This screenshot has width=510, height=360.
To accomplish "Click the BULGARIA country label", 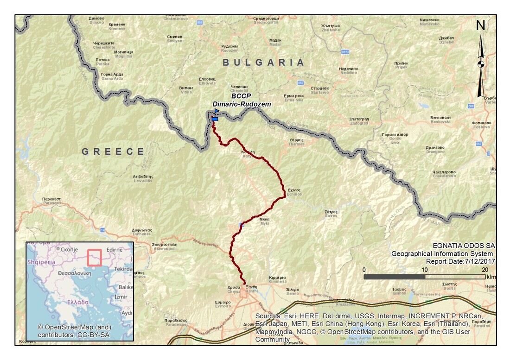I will coord(263,63).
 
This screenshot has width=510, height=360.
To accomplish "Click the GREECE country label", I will coord(113,152).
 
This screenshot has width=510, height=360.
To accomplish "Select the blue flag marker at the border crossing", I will coord(216,112).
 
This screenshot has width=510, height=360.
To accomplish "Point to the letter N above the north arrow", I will coord(481,26).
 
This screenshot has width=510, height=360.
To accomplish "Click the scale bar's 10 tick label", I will coord(425,269).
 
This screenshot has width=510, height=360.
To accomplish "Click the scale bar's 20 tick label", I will coord(485,269).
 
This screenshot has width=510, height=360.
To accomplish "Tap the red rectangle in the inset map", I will coord(94,258).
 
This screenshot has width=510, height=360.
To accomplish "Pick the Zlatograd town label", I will coord(359,121).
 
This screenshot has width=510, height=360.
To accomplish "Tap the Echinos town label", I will coord(294,192).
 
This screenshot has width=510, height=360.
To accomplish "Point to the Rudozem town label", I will coord(229,49).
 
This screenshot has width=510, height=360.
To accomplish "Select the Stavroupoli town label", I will coord(165,245).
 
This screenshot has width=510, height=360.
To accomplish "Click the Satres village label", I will coord(331,214).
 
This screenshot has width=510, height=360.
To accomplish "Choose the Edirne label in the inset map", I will coord(115,250).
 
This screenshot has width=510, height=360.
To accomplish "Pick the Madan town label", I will coord(275,43).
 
